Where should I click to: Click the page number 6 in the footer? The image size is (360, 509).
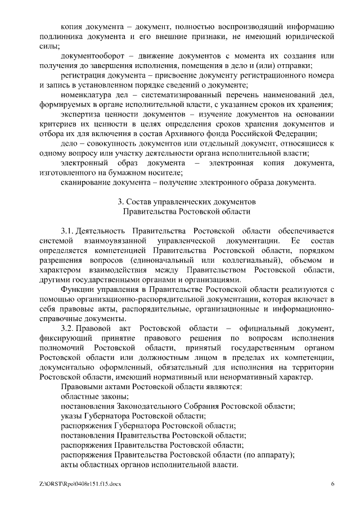(332, 484)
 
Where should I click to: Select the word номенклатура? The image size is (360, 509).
(86, 94)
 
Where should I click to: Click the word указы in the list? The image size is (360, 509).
(71, 416)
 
